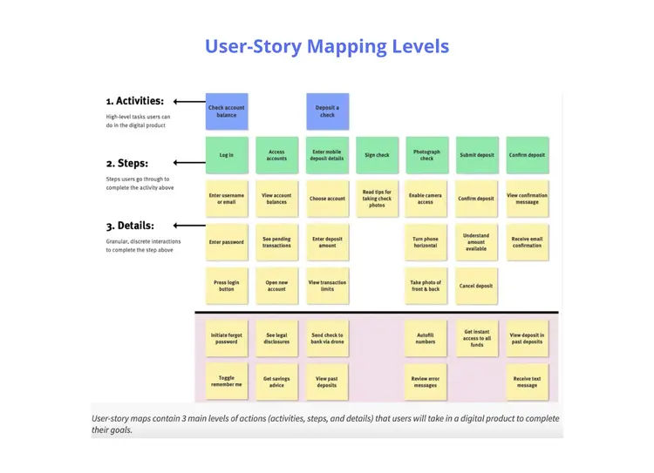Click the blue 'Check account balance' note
coord(227,111)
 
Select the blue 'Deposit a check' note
coord(327,111)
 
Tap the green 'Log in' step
coord(227,155)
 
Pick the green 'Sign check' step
coord(377,155)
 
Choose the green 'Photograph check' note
coord(427,155)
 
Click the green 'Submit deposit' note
coord(477,155)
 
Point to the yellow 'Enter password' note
coord(227,242)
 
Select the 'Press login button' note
coord(227,286)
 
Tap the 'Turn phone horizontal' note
coord(426,242)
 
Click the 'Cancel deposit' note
coord(476,286)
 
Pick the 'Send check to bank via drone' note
coord(327,338)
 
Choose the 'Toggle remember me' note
coord(227,381)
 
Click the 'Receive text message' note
coord(527,381)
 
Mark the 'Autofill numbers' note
coord(426,338)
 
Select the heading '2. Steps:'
coord(127,163)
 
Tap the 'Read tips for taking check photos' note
coord(377,199)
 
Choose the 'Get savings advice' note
coord(276,381)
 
